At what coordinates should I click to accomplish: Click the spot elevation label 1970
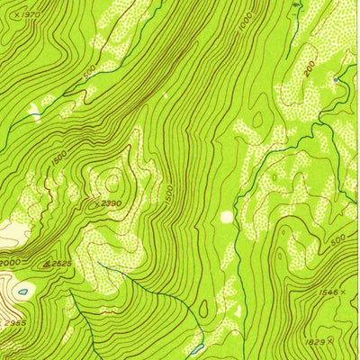[31, 15]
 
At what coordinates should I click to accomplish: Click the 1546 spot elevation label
[329, 293]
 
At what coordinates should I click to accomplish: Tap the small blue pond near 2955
[22, 291]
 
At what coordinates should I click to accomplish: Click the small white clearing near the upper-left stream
[34, 112]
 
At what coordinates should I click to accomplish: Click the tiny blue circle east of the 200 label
[335, 81]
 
